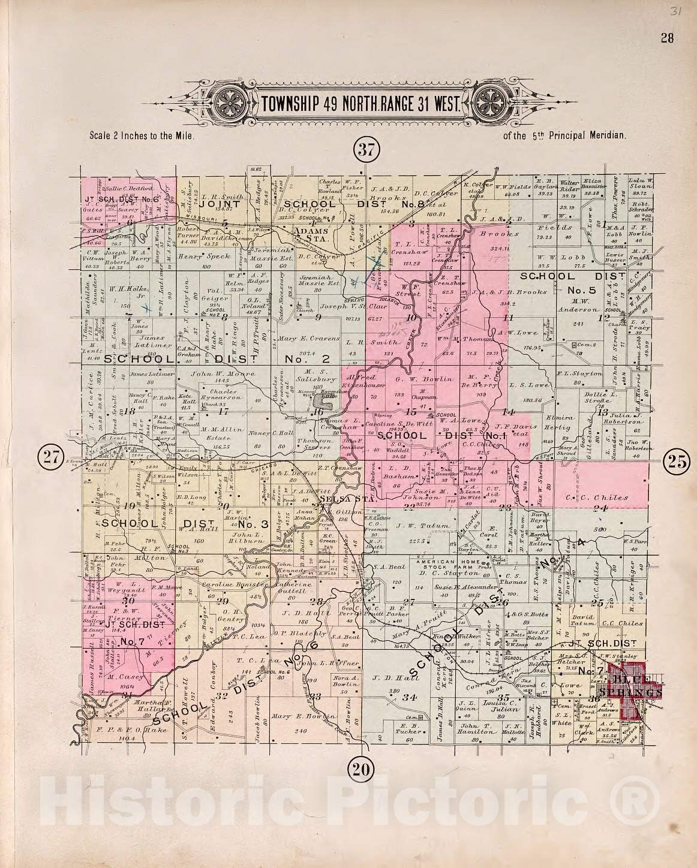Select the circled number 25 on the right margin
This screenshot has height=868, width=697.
tap(677, 460)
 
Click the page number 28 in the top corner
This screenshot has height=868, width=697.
tap(667, 38)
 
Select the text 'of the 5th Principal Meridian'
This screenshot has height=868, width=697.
tap(565, 135)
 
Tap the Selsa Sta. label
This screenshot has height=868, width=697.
tap(339, 497)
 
